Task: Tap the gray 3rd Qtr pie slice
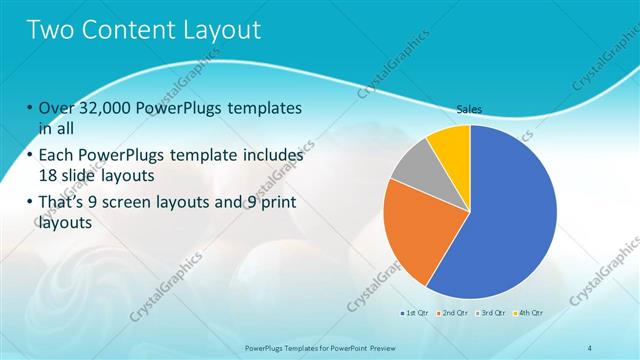pyautogui.click(x=412, y=167)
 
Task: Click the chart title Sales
pyautogui.click(x=470, y=109)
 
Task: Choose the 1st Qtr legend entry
pyautogui.click(x=415, y=313)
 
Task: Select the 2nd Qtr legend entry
pyautogui.click(x=454, y=313)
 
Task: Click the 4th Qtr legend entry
pyautogui.click(x=530, y=313)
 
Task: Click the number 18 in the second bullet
pyautogui.click(x=49, y=174)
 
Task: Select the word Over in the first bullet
pyautogui.click(x=56, y=108)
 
